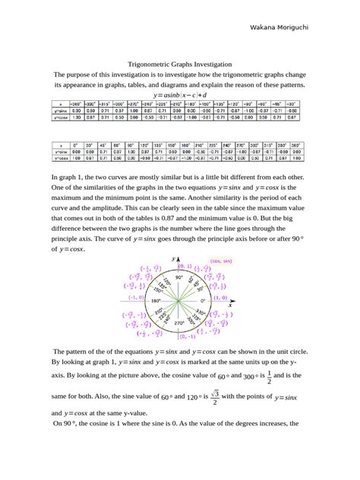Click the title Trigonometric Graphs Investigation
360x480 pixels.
pos(179,65)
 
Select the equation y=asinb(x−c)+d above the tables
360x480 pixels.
pos(179,96)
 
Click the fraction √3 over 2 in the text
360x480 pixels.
pos(215,396)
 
